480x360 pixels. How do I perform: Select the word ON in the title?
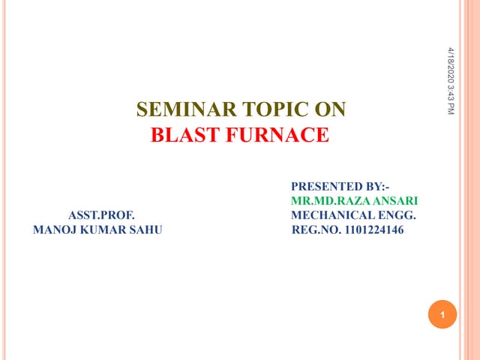click(328, 111)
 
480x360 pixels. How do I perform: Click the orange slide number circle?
click(443, 314)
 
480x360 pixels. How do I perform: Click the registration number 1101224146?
click(374, 229)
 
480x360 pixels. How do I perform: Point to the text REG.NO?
click(316, 229)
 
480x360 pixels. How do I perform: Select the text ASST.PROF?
click(101, 215)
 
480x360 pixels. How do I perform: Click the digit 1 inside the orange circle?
click(443, 315)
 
